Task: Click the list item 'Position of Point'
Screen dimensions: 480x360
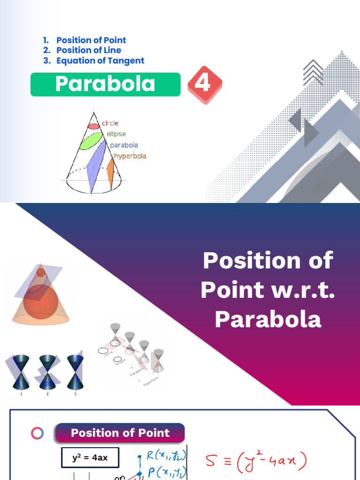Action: coord(91,40)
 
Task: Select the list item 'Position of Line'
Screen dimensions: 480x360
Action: coord(89,50)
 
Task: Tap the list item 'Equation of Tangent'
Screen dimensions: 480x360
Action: coord(100,60)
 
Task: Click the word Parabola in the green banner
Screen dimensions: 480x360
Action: coord(105,84)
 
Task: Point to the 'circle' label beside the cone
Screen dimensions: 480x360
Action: coord(111,124)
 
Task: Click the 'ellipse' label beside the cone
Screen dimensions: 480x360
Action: coord(116,134)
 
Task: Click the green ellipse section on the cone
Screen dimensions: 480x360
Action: coord(91,141)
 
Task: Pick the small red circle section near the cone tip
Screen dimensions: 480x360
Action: coord(94,126)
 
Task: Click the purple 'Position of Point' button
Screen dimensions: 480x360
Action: coord(120,433)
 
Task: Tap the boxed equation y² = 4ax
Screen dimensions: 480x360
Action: coord(90,457)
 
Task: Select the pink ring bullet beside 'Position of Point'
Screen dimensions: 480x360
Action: coord(37,433)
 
